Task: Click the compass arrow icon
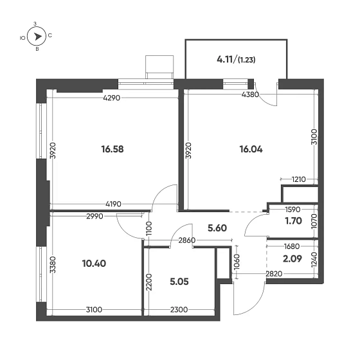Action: pos(37,37)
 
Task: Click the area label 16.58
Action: pos(112,149)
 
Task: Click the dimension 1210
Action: pos(297,179)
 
